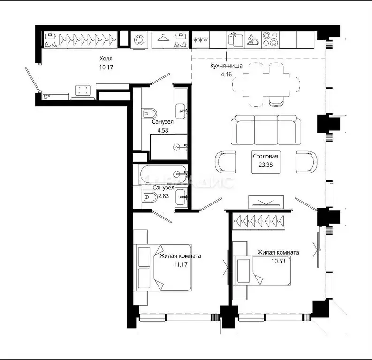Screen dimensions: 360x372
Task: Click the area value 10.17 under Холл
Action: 106,67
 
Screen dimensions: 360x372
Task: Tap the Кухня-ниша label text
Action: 226,66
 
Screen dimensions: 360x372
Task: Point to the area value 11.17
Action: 180,265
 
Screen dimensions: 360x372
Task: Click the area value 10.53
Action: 278,261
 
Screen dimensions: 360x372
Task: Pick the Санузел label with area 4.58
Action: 163,125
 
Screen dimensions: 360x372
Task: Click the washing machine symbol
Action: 139,40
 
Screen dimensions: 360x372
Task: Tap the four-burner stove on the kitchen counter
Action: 270,40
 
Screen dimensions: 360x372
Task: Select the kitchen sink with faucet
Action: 234,40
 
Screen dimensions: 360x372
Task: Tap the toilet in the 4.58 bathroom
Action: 149,113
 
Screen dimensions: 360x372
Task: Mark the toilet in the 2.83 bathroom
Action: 148,198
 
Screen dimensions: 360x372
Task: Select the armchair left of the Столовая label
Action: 226,161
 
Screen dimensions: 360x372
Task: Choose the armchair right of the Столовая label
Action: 307,161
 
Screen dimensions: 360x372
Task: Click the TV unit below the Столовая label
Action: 266,202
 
